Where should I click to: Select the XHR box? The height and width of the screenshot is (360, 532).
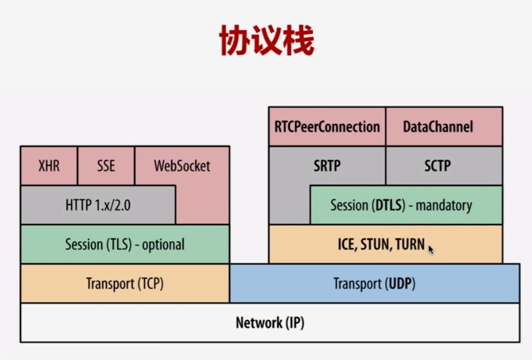pyautogui.click(x=49, y=165)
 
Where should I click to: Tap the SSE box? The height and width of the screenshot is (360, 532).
pyautogui.click(x=106, y=165)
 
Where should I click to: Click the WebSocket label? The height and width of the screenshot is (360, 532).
pyautogui.click(x=182, y=166)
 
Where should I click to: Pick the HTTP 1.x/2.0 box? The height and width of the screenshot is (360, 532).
pyautogui.click(x=98, y=205)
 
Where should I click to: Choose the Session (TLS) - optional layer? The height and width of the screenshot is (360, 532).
pyautogui.click(x=124, y=244)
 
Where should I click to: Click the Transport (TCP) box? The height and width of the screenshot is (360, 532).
pyautogui.click(x=124, y=284)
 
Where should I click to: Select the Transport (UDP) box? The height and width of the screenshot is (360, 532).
pyautogui.click(x=374, y=284)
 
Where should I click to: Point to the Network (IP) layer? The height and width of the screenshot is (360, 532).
pyautogui.click(x=270, y=323)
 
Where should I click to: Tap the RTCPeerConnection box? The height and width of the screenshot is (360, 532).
pyautogui.click(x=327, y=126)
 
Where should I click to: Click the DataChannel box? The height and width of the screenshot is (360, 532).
pyautogui.click(x=438, y=126)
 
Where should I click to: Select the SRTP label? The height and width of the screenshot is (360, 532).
pyautogui.click(x=327, y=166)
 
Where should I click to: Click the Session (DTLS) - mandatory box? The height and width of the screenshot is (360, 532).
pyautogui.click(x=401, y=205)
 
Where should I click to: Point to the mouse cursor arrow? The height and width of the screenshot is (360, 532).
pyautogui.click(x=430, y=249)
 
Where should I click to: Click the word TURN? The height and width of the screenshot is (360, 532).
pyautogui.click(x=410, y=245)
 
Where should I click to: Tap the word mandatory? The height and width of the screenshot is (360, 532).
pyautogui.click(x=444, y=205)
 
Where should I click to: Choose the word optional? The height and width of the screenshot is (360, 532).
pyautogui.click(x=163, y=245)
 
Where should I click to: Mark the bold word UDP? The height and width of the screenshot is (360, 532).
pyautogui.click(x=400, y=284)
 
